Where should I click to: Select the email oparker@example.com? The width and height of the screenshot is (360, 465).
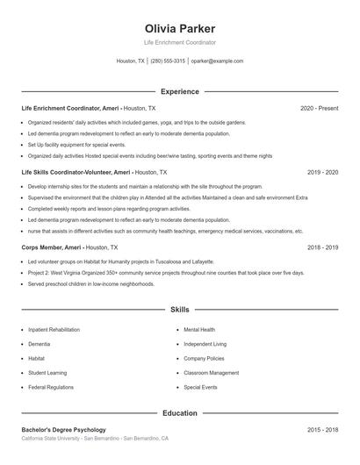217,61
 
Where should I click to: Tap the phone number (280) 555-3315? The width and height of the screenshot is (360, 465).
168,61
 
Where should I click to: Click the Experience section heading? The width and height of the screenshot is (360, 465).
180,91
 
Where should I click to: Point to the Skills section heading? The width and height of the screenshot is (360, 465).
180,310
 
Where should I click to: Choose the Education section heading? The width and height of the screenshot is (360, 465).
180,412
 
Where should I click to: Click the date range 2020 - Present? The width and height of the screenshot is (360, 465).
319,108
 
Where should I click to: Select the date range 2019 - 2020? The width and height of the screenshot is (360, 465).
323,173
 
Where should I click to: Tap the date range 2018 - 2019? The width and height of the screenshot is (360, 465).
323,248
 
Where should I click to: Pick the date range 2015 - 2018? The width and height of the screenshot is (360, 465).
323,430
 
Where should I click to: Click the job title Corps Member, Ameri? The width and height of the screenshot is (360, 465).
53,248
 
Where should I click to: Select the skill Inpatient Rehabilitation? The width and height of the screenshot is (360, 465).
54,330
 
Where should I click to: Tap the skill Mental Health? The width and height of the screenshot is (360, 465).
199,330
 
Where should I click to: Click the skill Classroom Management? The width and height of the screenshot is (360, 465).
211,373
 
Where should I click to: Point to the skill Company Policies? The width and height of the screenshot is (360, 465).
204,359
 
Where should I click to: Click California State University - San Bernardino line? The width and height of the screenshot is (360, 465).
95,438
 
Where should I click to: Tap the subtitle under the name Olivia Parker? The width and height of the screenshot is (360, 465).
180,42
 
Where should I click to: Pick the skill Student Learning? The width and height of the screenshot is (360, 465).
47,373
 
